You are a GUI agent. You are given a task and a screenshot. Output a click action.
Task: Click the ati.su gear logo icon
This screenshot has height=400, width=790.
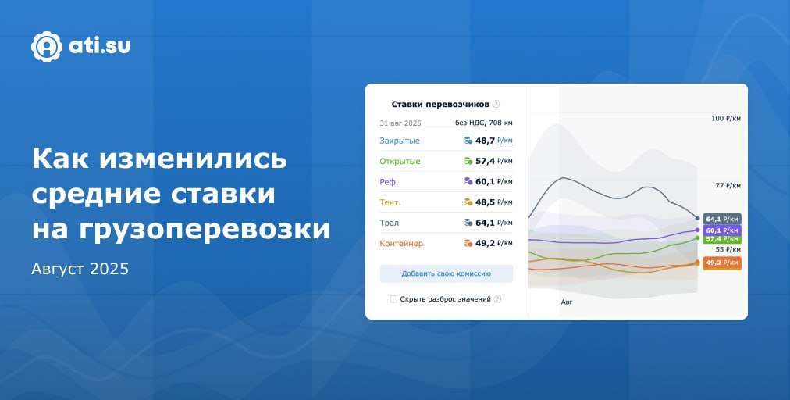click(46, 47)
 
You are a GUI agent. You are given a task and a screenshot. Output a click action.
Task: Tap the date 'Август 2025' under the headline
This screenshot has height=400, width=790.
click(80, 269)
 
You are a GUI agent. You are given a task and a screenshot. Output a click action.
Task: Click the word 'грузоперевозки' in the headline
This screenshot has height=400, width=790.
click(181, 230)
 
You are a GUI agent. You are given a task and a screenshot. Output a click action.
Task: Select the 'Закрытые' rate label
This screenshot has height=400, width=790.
click(400, 141)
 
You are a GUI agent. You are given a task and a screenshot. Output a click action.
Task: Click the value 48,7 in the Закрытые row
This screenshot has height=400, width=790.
click(485, 141)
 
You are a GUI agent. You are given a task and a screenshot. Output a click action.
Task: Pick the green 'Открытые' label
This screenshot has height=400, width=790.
click(400, 162)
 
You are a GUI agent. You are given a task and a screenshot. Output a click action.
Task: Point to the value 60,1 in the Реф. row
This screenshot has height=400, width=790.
click(485, 181)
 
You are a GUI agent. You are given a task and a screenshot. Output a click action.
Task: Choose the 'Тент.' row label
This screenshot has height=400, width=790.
click(390, 202)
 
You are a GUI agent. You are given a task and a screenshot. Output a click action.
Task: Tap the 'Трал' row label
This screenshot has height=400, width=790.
click(389, 223)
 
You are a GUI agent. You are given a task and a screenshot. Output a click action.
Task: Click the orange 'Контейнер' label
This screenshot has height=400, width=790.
click(401, 243)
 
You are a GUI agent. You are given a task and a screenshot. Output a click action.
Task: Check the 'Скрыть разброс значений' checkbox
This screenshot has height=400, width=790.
click(393, 299)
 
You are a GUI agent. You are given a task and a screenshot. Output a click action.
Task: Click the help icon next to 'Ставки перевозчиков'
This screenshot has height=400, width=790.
click(496, 105)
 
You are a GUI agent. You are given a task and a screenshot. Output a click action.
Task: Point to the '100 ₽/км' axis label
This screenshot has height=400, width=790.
click(726, 119)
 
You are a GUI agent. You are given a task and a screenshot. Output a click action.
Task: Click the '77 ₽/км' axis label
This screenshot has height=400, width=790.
click(728, 186)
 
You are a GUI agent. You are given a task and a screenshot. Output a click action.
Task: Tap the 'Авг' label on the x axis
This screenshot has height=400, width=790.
click(567, 302)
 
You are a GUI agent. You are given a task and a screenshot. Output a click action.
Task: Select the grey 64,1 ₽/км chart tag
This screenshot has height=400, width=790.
click(722, 219)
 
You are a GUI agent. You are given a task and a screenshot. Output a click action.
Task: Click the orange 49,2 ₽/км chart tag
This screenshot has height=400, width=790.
click(722, 262)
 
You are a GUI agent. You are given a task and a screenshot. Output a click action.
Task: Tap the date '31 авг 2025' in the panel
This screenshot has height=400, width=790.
click(400, 123)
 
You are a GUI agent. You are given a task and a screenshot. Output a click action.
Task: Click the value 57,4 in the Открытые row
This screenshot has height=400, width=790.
click(485, 162)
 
